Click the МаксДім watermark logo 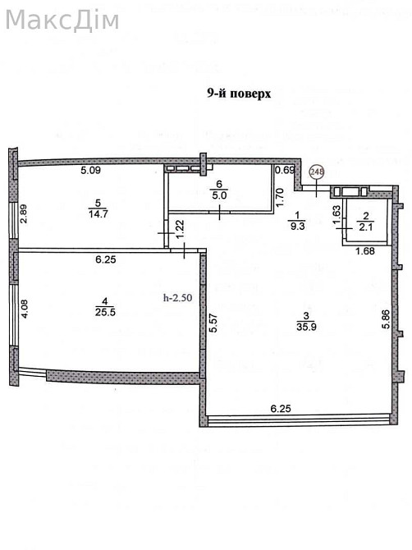tap(62, 21)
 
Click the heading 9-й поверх tap(239, 94)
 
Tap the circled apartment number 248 tap(317, 172)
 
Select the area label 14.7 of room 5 tap(98, 214)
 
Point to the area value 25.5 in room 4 tap(105, 312)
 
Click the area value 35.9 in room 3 tap(306, 327)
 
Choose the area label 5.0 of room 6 tap(219, 195)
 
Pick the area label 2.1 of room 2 tap(366, 227)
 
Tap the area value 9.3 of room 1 tap(297, 226)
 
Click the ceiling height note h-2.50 tap(178, 297)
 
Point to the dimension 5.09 tap(90, 171)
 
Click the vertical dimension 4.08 tap(25, 309)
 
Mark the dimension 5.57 tap(214, 323)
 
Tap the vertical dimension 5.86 tap(386, 319)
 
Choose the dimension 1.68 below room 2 tap(365, 251)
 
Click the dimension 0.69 tap(285, 171)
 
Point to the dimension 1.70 tap(280, 198)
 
